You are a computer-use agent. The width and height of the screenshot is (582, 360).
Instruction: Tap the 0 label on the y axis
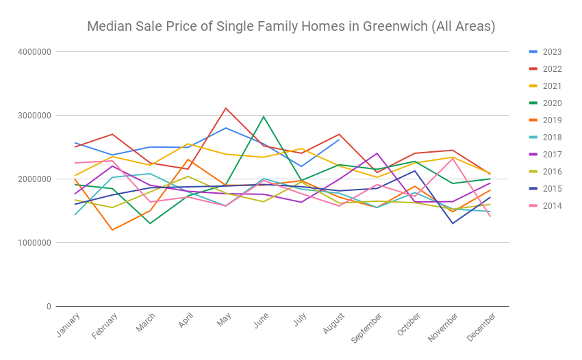click(x=48, y=307)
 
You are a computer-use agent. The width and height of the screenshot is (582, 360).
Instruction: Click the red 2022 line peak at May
click(x=226, y=108)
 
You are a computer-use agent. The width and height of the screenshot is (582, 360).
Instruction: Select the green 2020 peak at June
click(x=264, y=116)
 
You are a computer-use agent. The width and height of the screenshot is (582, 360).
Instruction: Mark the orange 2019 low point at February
click(x=112, y=230)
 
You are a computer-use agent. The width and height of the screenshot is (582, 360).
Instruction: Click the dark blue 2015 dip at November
click(x=453, y=223)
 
